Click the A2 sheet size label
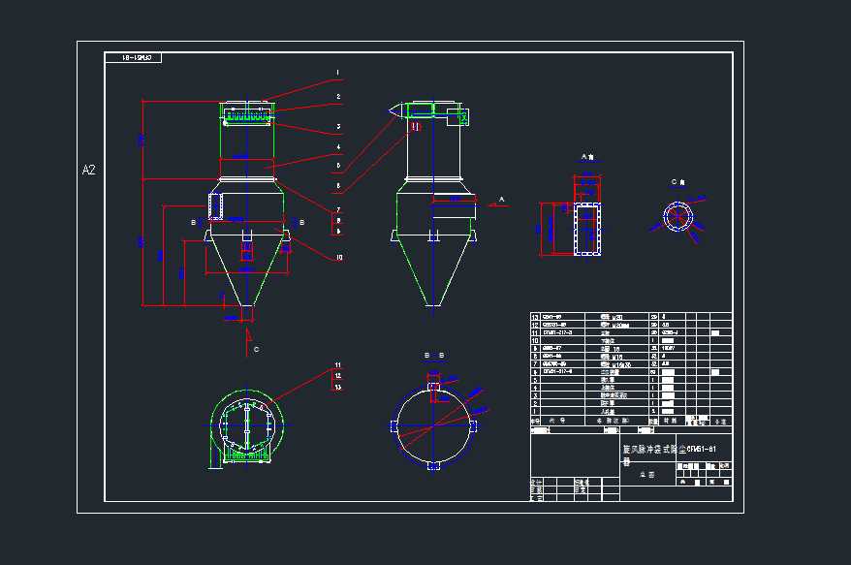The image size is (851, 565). [88, 170]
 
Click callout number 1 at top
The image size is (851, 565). [338, 73]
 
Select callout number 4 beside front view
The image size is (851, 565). [338, 147]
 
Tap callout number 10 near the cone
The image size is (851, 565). [338, 258]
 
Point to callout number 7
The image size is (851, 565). [338, 209]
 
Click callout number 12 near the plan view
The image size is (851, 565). [337, 376]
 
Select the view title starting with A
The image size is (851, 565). [587, 156]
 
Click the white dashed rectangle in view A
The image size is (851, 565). [587, 230]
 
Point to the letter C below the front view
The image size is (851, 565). [256, 349]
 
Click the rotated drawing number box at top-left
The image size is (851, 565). [134, 58]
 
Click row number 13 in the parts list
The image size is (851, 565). [535, 317]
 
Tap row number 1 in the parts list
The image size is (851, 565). [535, 411]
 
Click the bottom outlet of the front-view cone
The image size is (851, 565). [246, 313]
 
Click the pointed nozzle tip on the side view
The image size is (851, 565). [387, 111]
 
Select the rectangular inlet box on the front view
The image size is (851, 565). [215, 205]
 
